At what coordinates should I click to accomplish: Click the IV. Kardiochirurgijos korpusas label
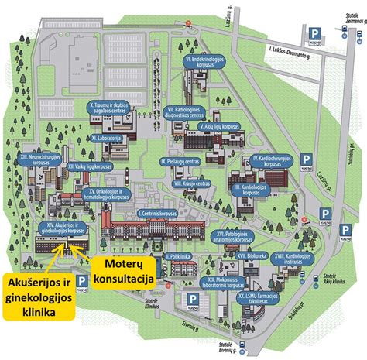tap(272, 162)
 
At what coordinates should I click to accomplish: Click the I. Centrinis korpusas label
tap(159, 213)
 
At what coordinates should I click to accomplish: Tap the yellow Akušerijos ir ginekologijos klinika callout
tap(37, 294)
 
